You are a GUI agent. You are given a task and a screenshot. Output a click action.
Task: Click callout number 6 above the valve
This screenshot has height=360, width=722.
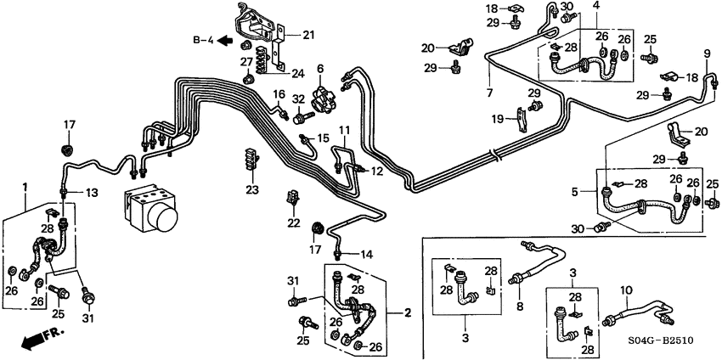point(320,69)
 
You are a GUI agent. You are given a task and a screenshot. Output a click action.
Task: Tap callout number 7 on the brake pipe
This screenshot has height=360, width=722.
point(489,92)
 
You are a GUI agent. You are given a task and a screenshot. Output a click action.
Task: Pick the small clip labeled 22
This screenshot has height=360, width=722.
point(294,200)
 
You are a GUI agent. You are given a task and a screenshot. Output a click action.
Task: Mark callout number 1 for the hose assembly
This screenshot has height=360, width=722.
point(25,185)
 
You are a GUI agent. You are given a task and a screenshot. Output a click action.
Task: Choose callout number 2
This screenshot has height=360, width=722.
point(407,313)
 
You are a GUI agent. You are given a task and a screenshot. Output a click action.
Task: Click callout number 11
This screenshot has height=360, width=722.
point(344,130)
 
